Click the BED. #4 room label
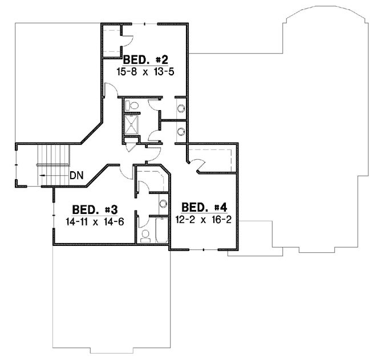tap(204, 207)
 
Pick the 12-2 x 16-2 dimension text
tap(204, 219)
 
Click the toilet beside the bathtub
tap(144, 234)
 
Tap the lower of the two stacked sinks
tap(181, 131)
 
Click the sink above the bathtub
tap(163, 204)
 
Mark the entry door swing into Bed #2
tap(110, 90)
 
